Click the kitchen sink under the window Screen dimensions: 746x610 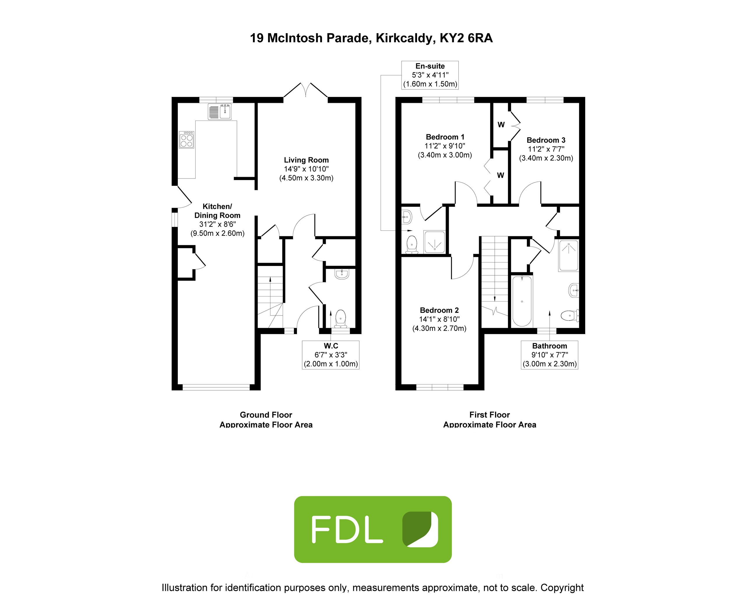click(220, 112)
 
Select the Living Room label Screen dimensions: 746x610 click(306, 160)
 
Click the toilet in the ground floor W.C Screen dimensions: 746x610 click(340, 319)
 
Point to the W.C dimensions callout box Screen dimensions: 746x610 click(331, 355)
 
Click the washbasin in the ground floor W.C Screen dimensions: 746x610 click(341, 274)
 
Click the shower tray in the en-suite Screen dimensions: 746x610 click(435, 242)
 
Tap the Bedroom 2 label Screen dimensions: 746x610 click(439, 310)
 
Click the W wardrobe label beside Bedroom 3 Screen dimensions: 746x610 click(501, 125)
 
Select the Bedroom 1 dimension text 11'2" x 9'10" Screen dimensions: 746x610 click(445, 146)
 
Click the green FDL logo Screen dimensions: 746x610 click(373, 530)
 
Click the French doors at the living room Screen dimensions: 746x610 click(305, 91)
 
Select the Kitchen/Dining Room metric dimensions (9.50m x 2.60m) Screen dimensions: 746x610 click(218, 233)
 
